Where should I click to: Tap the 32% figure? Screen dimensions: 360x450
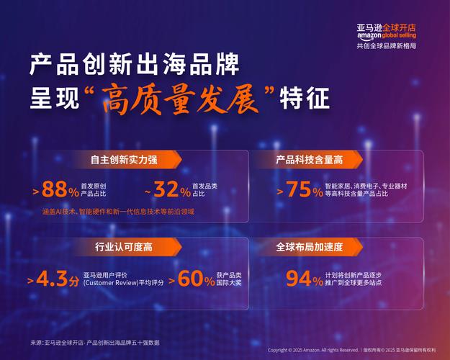point(172,190)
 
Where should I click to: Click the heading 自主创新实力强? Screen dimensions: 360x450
point(124,160)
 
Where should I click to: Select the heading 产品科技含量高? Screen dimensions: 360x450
point(309,160)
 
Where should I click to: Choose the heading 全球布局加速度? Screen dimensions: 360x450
point(309,248)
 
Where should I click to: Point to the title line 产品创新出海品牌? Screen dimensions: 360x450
point(135,66)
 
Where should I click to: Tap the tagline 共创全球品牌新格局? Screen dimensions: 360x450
point(386,46)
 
